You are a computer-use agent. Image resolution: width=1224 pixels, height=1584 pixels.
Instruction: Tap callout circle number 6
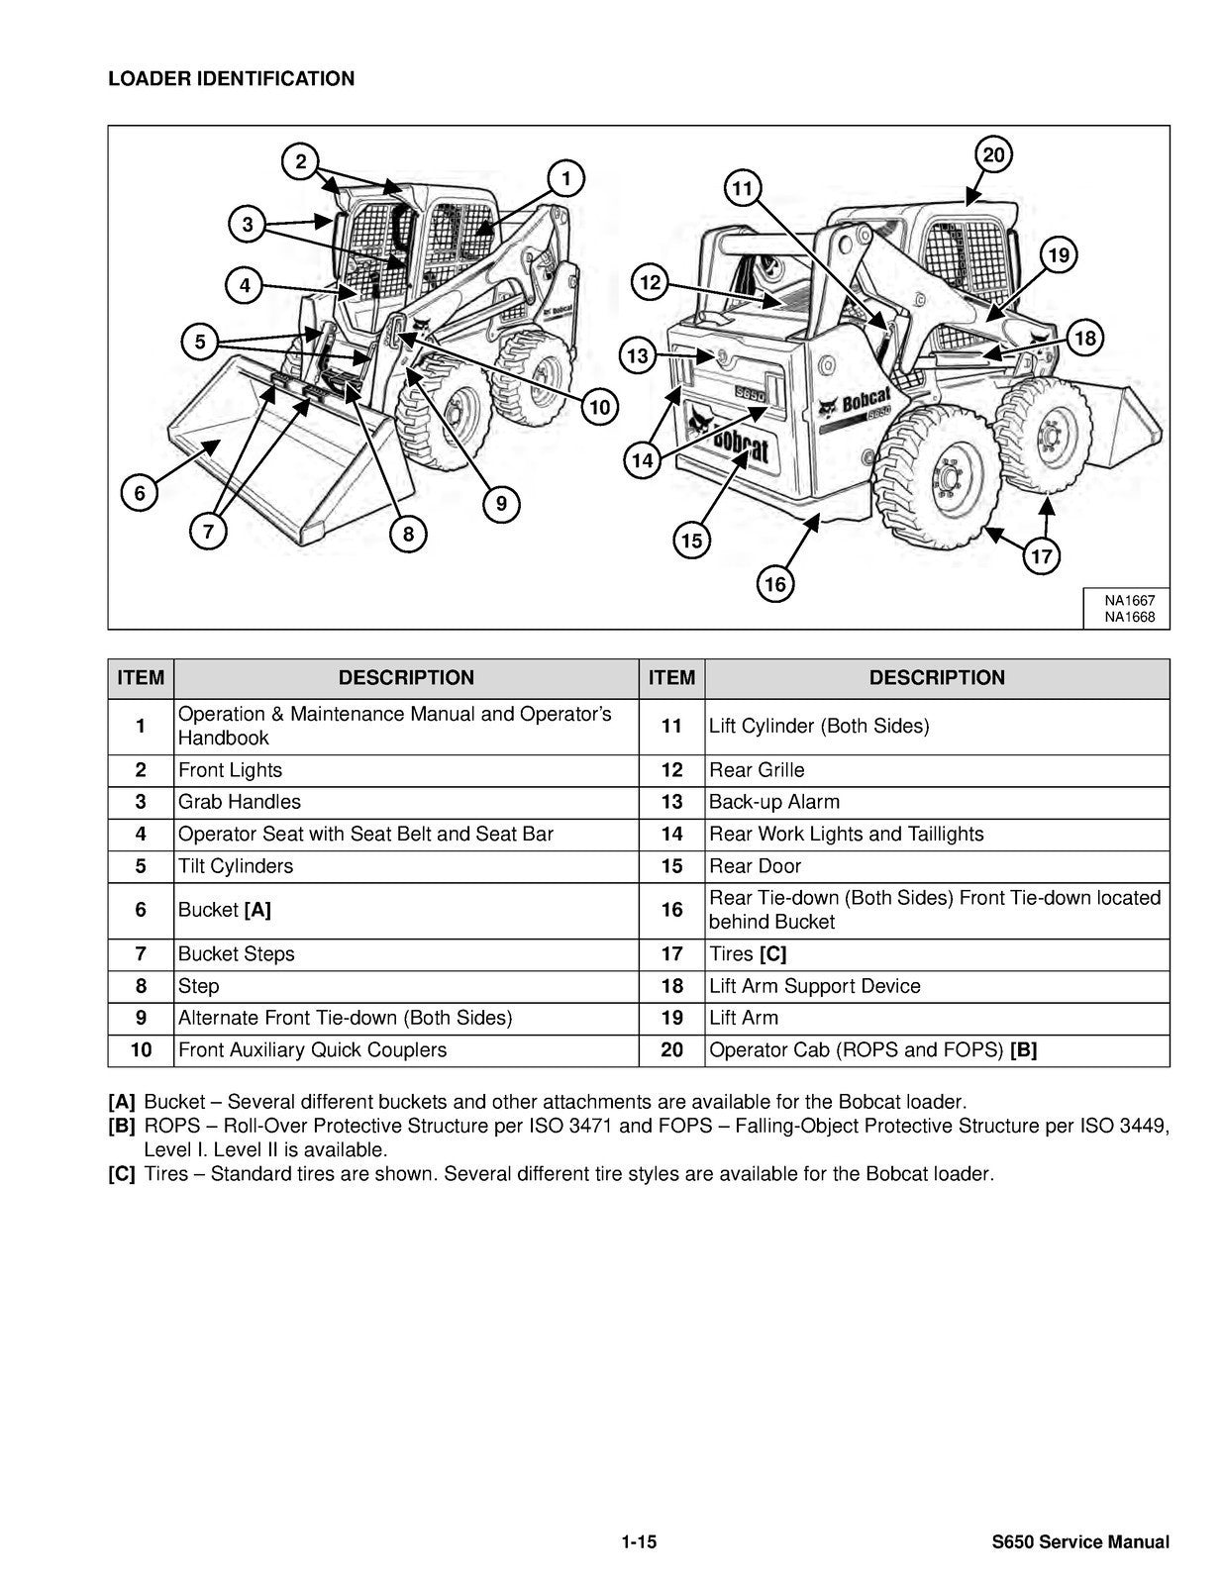[140, 493]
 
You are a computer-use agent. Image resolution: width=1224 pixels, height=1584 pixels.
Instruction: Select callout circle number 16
[774, 584]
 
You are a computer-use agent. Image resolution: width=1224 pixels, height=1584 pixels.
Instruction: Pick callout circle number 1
[565, 179]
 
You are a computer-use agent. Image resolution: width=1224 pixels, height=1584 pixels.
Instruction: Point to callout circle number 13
[638, 355]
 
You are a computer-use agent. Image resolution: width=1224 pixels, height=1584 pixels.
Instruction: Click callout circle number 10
[599, 407]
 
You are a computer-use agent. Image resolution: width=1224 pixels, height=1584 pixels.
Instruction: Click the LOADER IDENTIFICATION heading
[231, 79]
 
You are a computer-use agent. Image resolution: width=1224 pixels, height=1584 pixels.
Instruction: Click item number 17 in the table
[671, 954]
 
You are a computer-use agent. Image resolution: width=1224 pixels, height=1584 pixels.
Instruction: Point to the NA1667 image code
[1130, 600]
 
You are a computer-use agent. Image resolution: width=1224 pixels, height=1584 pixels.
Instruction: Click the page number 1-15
[640, 1541]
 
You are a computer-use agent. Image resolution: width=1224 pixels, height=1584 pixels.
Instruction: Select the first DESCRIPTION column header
[406, 678]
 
